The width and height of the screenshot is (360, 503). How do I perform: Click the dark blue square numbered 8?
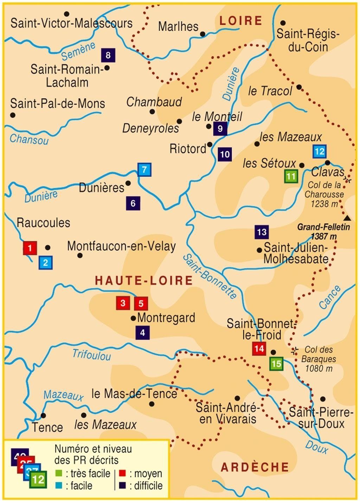point(108,55)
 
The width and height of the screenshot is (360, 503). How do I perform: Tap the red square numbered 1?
point(30,248)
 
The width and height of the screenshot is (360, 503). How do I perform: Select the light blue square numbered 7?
point(144,170)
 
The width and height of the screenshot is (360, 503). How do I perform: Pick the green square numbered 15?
point(277,364)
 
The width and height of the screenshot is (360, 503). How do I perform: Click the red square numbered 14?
point(259,349)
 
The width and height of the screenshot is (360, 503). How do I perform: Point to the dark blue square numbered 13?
point(262,232)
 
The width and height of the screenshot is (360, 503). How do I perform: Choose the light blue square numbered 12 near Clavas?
point(319,152)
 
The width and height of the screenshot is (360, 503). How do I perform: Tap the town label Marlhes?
point(178,26)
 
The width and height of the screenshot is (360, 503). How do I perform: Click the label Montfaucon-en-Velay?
point(121,246)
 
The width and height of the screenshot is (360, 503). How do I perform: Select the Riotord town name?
point(188,149)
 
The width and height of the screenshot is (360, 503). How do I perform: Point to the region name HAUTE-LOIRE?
point(144,280)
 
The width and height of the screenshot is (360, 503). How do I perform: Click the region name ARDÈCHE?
point(255,467)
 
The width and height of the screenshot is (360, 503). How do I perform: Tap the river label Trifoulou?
point(91,355)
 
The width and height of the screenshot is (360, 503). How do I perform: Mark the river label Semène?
point(78,51)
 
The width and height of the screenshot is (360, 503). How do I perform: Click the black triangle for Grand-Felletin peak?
point(347,218)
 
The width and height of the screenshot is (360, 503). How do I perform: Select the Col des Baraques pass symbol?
point(295,350)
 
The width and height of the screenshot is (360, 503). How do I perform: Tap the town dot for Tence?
point(43,415)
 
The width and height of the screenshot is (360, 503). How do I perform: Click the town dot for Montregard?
point(133,318)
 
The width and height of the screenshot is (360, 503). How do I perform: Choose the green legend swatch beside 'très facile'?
point(58,473)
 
